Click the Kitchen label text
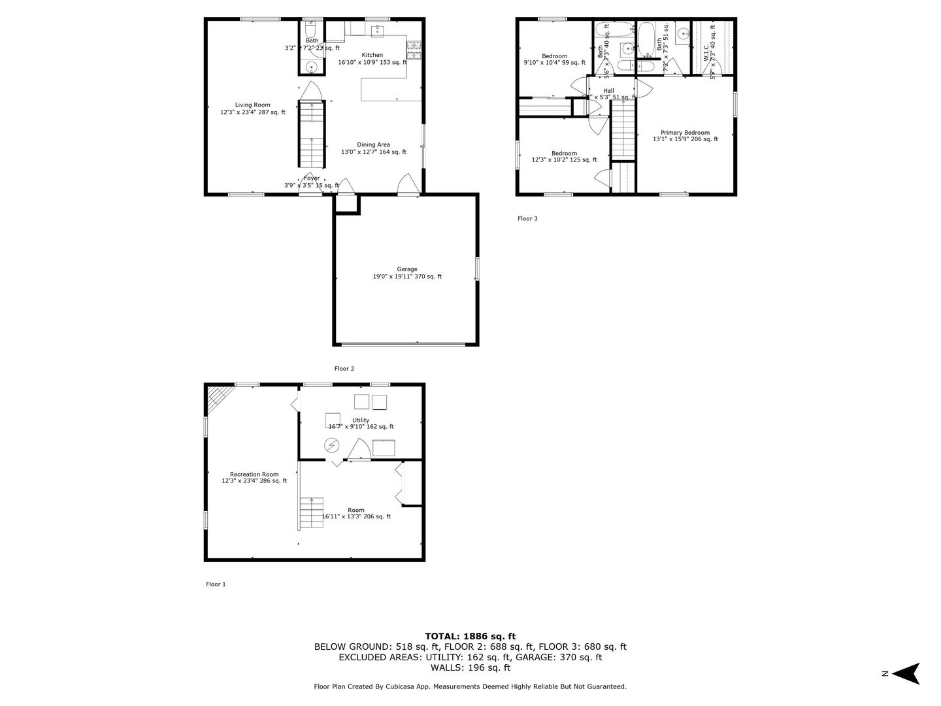tap(372, 55)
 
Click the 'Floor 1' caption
tap(216, 584)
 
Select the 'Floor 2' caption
tap(344, 369)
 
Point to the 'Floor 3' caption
tap(527, 218)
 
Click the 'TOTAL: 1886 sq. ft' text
tap(470, 635)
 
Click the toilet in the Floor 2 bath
tap(312, 31)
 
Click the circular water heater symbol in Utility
tap(332, 446)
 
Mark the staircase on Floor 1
tap(312, 513)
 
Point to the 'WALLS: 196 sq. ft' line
tap(470, 667)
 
